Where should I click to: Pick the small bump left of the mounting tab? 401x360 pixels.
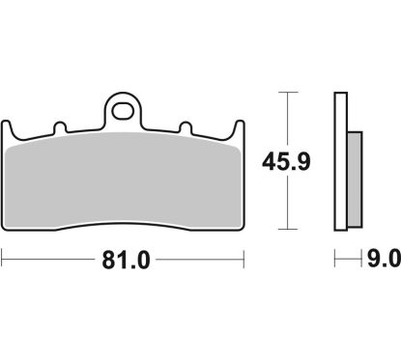pyautogui.click(x=59, y=126)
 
